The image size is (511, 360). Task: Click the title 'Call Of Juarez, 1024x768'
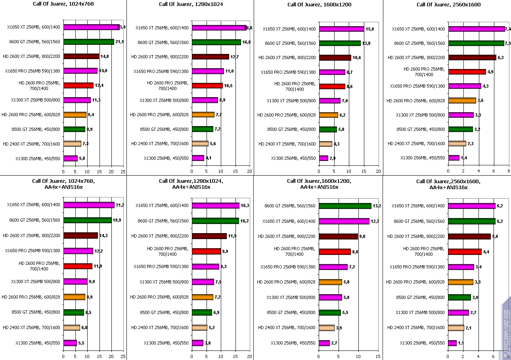63,4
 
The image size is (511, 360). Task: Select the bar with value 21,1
88,42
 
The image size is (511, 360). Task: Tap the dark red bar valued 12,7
211,57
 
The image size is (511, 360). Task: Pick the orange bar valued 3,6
462,100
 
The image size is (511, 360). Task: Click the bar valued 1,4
454,158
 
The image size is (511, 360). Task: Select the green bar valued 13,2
345,206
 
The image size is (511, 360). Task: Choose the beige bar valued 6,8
72,327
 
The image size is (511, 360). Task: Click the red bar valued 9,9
206,251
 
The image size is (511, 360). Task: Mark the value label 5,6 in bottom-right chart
495,236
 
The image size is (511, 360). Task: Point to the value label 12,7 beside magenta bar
374,221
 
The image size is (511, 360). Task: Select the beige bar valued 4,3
325,144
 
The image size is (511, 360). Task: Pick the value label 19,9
116,220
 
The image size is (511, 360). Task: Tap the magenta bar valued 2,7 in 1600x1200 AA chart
324,343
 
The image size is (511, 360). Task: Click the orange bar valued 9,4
75,115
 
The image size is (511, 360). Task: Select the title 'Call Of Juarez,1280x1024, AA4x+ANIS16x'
191,184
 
